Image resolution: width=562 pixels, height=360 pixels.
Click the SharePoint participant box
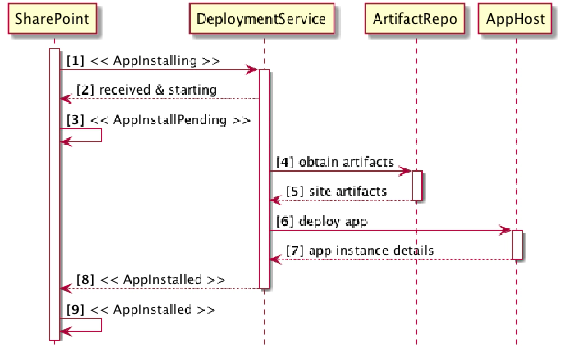[52, 20]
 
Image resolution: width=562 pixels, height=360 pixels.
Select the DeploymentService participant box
[261, 20]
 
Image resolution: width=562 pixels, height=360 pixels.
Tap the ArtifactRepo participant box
[415, 20]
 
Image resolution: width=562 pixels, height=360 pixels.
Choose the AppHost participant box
[515, 20]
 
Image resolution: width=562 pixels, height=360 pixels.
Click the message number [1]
[75, 61]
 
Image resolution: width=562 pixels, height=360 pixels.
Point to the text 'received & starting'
[158, 90]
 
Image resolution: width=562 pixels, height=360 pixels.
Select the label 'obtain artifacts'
[346, 163]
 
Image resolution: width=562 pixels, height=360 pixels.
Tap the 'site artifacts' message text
[347, 191]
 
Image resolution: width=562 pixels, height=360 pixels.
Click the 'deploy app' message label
[333, 221]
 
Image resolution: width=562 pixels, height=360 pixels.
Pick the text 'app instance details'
[371, 250]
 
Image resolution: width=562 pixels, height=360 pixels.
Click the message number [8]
[85, 280]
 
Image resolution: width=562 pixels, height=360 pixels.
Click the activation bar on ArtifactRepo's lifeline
[416, 185]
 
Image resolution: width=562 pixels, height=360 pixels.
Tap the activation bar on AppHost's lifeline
[517, 244]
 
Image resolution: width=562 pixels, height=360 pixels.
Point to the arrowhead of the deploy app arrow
[506, 230]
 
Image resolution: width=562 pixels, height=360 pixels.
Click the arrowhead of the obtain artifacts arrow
[406, 171]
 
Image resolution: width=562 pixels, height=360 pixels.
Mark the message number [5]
[294, 191]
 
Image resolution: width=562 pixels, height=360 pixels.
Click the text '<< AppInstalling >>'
[155, 61]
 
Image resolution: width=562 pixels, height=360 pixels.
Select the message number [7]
[294, 250]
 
